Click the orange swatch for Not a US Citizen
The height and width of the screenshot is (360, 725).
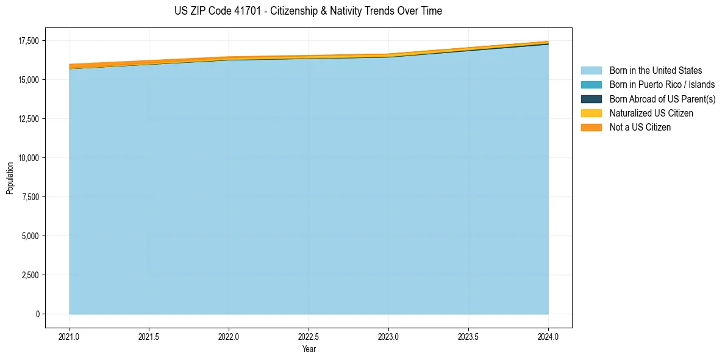591,128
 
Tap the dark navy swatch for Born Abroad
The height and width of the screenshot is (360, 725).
591,99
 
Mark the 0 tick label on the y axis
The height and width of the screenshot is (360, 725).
37,314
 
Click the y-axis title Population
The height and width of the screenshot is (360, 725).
10,178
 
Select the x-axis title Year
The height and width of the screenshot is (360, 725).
309,350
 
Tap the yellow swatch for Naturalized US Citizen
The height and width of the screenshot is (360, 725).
591,113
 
